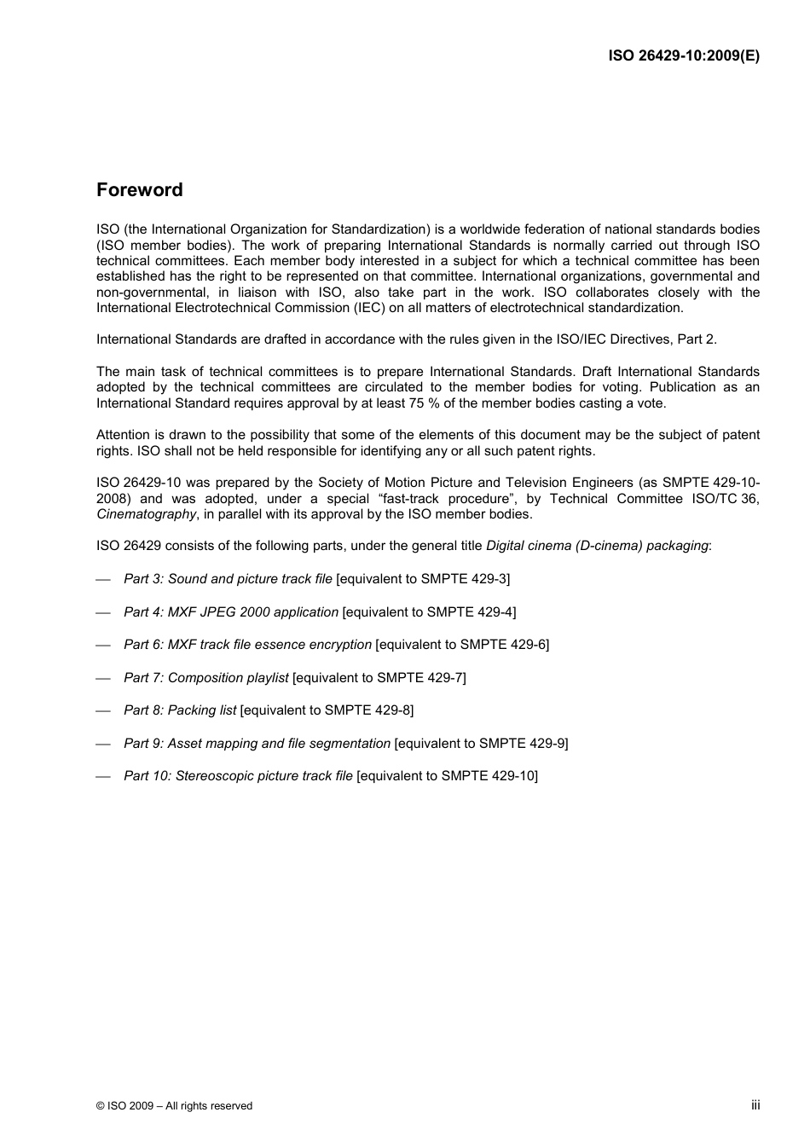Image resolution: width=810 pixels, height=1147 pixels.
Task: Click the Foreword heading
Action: click(x=139, y=190)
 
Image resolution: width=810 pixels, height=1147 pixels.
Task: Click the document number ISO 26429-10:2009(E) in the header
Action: click(x=683, y=55)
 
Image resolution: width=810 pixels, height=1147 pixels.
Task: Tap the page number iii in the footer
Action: click(x=755, y=1104)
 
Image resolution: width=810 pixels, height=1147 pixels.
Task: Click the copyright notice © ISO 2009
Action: click(x=174, y=1105)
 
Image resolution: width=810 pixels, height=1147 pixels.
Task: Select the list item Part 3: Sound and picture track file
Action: click(x=228, y=579)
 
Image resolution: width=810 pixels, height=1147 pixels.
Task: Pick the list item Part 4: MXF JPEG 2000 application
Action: click(x=231, y=612)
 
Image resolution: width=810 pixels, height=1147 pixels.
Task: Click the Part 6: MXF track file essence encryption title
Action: click(x=247, y=645)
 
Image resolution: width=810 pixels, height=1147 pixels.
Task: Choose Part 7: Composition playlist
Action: click(x=206, y=678)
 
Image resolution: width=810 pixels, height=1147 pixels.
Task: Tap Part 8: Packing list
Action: click(x=180, y=710)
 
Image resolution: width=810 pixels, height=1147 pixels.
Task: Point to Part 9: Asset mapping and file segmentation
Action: click(x=257, y=744)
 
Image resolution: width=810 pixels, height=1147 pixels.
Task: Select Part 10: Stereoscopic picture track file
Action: click(x=238, y=776)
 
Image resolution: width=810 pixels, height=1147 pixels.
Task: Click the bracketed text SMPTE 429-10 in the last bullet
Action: click(x=488, y=776)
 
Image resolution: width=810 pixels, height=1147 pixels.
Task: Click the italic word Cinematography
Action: click(x=146, y=514)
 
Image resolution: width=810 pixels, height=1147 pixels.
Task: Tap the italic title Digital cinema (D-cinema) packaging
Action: click(x=597, y=546)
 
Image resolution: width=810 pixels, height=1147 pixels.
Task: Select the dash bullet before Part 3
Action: click(x=104, y=580)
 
